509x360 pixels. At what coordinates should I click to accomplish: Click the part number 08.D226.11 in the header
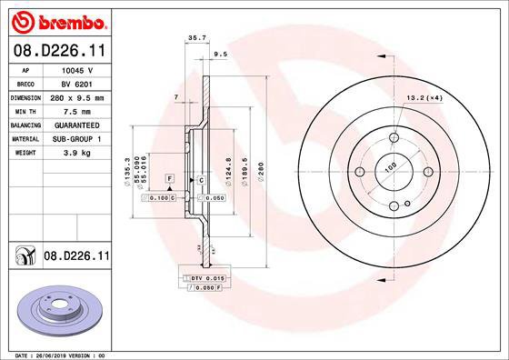(x=60, y=50)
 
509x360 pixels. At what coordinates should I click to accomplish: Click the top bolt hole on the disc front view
(x=394, y=136)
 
